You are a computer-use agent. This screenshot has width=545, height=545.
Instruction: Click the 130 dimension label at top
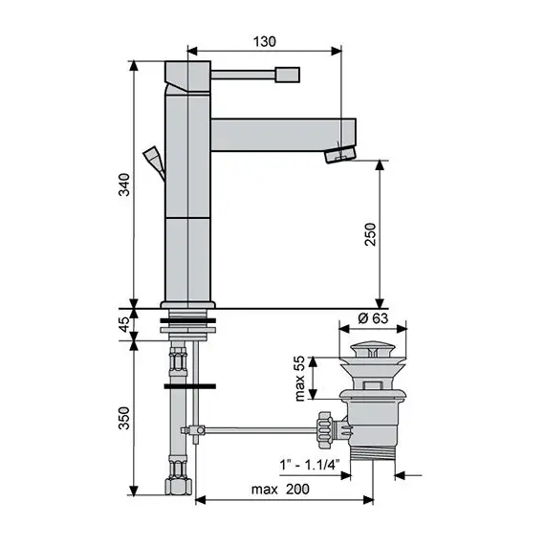[x=265, y=41]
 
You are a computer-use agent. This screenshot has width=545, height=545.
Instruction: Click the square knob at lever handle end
[x=288, y=74]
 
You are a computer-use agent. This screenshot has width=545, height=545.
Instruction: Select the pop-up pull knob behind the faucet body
[x=152, y=157]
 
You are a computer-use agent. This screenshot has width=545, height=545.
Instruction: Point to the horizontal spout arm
[x=277, y=132]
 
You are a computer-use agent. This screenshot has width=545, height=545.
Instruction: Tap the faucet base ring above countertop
[x=187, y=308]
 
